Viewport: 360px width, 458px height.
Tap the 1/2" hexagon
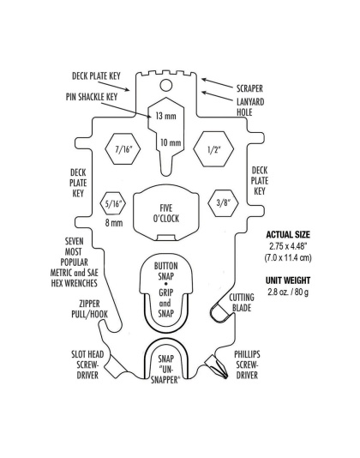[x=211, y=148]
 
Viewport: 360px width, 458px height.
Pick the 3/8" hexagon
[x=224, y=203]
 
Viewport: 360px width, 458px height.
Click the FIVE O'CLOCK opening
[x=167, y=212]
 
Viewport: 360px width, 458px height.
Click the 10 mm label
[x=171, y=142]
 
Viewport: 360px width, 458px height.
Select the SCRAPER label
[x=243, y=87]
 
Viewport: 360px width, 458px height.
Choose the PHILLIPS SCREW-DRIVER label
[x=252, y=363]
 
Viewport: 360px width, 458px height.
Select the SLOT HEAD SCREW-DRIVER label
[x=87, y=363]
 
